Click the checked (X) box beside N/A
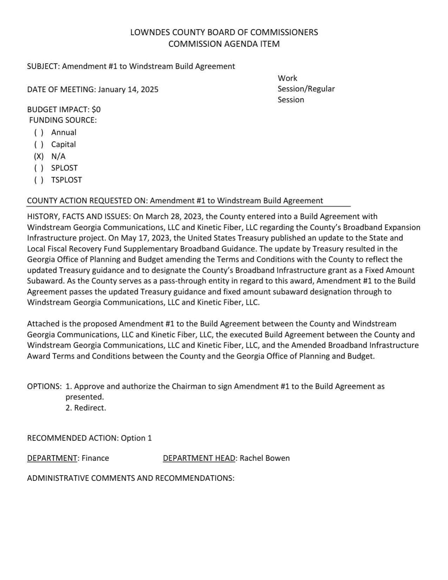point(39,156)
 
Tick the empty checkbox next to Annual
point(39,133)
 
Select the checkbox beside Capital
point(39,144)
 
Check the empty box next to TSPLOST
point(39,180)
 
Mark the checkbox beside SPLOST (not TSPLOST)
point(39,168)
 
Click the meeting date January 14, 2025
point(128,89)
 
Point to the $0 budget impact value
point(96,109)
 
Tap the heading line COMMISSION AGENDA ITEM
point(224,44)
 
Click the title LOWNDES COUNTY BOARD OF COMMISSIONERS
point(224,32)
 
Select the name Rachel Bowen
point(265,458)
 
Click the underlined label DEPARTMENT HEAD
point(199,458)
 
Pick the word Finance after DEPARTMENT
point(95,458)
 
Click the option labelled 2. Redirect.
point(86,408)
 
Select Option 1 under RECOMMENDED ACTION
point(136,438)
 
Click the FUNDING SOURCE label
point(63,120)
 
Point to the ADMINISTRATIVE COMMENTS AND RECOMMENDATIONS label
point(131,478)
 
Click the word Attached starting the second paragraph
point(41,324)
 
